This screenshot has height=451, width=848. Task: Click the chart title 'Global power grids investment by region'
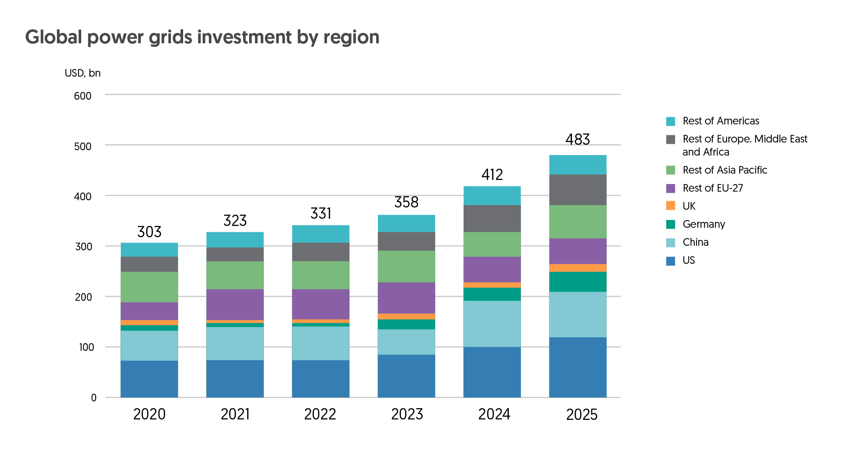202,37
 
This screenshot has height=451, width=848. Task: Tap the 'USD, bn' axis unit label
83,73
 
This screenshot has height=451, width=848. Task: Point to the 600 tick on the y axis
83,96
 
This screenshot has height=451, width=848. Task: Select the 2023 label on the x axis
407,414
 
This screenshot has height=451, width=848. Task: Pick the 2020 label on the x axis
149,414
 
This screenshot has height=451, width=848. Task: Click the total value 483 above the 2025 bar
577,139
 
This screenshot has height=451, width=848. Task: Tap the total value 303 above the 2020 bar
149,232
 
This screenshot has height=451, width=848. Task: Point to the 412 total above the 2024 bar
492,175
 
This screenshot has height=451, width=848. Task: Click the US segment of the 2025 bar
577,367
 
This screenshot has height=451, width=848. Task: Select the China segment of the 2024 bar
492,323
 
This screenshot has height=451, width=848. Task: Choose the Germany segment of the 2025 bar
577,282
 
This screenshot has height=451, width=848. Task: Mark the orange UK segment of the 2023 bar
406,317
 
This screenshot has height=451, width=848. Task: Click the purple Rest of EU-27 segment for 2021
235,304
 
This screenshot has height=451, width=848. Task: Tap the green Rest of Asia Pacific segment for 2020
149,287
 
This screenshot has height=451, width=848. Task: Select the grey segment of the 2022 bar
321,252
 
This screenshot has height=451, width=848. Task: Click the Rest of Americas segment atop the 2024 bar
492,196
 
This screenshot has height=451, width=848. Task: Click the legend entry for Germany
704,224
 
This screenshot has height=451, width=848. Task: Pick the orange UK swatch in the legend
671,206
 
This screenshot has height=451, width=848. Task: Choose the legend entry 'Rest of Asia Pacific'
724,170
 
